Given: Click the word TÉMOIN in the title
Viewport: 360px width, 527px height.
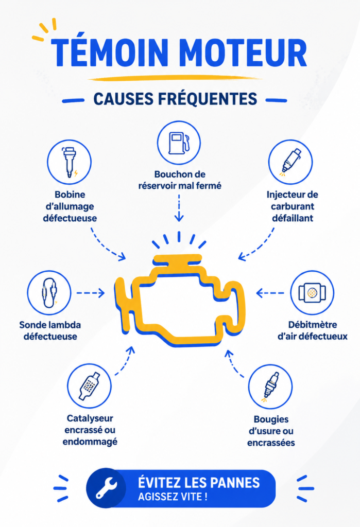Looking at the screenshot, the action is (x=110, y=52).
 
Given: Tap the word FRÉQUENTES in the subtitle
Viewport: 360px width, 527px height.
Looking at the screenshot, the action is (x=208, y=99).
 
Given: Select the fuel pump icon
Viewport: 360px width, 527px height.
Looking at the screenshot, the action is (x=179, y=143).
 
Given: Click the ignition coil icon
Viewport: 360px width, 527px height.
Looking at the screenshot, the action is (x=70, y=162).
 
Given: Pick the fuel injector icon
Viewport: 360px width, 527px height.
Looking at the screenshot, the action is (x=290, y=162).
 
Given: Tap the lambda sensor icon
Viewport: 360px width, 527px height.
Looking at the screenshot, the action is (x=49, y=292).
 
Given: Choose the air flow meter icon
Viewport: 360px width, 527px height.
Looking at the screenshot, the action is (x=312, y=292).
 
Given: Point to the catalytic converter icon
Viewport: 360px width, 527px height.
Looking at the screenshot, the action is (x=89, y=386).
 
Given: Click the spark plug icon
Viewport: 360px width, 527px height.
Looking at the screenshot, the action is (x=270, y=387).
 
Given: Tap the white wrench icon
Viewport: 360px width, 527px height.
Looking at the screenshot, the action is (x=106, y=488).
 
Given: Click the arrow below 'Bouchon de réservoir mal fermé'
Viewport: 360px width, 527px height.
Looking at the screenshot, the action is (x=179, y=208).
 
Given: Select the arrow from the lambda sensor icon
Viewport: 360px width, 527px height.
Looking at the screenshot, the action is (x=91, y=293).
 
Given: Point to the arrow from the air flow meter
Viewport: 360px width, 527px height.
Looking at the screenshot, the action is (x=270, y=293).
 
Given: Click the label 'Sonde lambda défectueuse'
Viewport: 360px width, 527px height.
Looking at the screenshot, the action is (x=50, y=331).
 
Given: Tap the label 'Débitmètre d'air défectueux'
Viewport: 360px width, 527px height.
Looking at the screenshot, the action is (x=312, y=331).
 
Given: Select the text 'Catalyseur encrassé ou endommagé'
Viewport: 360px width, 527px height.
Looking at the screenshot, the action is (x=90, y=430).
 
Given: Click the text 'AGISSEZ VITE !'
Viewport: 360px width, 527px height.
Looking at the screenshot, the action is (x=173, y=497).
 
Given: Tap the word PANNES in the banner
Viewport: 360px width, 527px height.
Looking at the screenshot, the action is (x=236, y=483).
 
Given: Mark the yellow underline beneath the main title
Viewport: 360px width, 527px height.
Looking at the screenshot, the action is (x=175, y=78).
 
